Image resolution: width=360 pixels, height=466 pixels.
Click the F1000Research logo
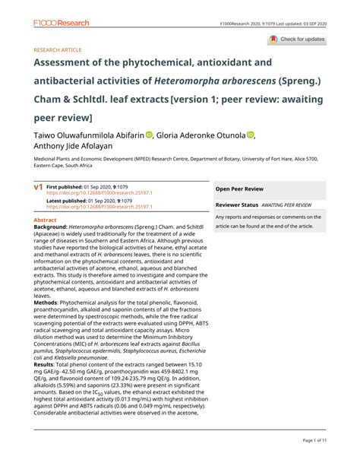61,24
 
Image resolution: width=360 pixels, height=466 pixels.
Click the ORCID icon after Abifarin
150,135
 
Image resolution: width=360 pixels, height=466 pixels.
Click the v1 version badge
37,186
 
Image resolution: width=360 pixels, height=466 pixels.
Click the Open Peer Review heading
239,188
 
